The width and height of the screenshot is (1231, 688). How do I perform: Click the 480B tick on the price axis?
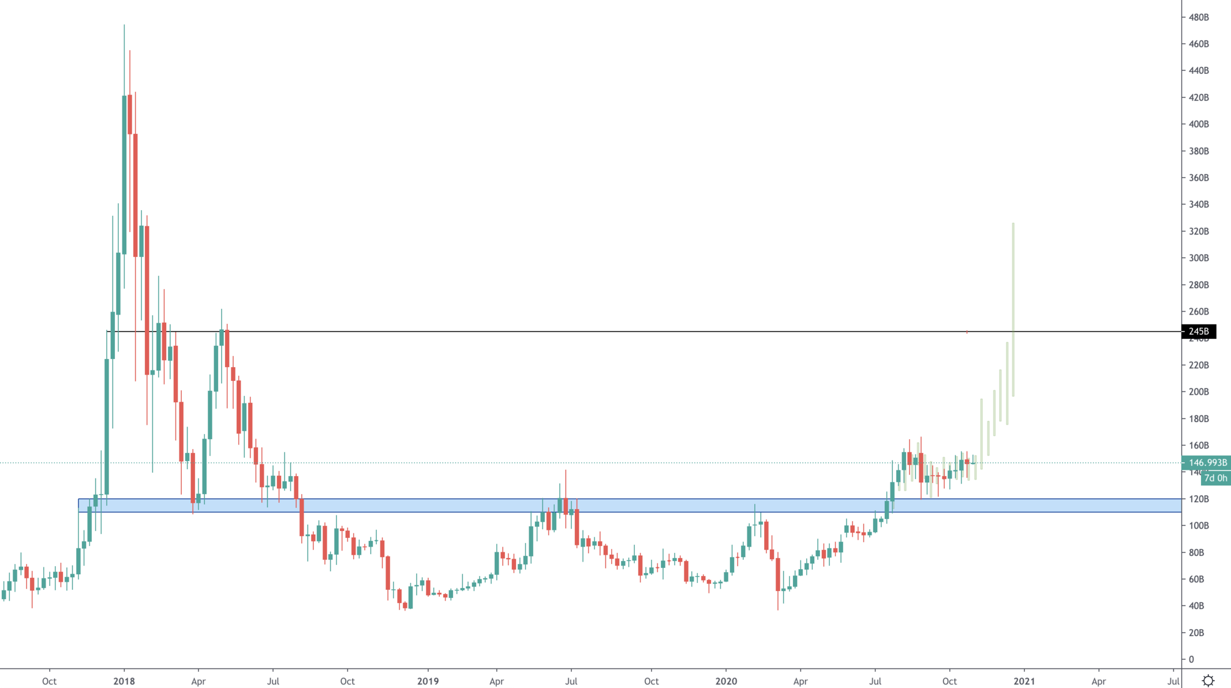click(x=1198, y=18)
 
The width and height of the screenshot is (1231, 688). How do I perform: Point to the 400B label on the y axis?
click(x=1198, y=124)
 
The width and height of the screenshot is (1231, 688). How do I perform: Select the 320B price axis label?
click(x=1198, y=231)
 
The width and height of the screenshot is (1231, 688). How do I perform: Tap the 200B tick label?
click(x=1198, y=392)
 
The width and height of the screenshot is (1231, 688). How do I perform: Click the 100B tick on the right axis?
click(x=1198, y=526)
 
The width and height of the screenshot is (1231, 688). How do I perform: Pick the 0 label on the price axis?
click(x=1191, y=660)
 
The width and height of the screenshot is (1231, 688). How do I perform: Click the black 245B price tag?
click(x=1199, y=331)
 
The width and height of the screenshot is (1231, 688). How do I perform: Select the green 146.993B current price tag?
click(x=1207, y=463)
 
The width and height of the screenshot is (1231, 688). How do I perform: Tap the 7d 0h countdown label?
click(x=1215, y=478)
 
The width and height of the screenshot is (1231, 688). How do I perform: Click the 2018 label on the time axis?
click(x=124, y=681)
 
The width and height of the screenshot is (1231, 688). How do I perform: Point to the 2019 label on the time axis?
click(x=428, y=681)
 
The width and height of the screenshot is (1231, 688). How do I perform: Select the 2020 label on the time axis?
click(x=726, y=681)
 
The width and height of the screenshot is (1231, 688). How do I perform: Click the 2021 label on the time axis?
click(x=1024, y=681)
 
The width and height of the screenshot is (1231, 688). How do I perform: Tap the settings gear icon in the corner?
click(x=1208, y=680)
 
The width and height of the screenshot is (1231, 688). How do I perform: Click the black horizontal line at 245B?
click(x=625, y=331)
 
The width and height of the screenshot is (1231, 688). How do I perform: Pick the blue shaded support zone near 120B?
click(x=625, y=505)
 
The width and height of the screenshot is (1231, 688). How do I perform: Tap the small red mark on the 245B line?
click(x=967, y=331)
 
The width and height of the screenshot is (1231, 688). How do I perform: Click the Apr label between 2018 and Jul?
click(x=198, y=681)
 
